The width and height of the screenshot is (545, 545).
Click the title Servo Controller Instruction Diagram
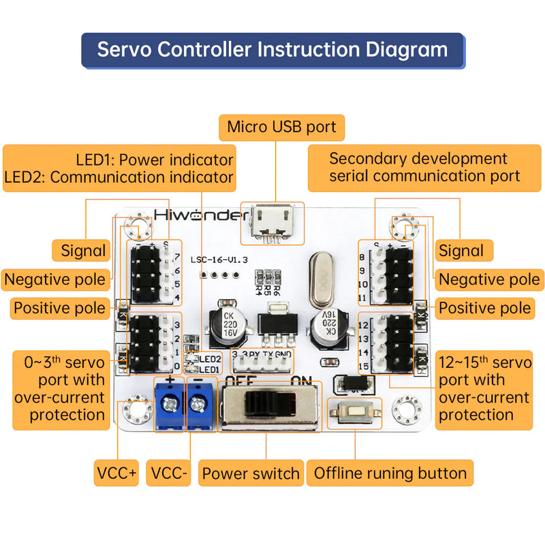tap(272, 50)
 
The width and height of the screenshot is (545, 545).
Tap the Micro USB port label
tap(281, 127)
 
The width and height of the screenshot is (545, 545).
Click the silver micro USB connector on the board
tap(272, 222)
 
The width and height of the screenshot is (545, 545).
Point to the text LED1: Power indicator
tap(154, 160)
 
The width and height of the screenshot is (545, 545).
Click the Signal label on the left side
tap(83, 250)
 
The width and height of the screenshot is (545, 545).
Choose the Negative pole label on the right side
tap(488, 279)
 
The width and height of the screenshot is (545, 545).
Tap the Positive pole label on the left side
tap(60, 307)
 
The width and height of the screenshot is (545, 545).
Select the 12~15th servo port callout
tap(484, 388)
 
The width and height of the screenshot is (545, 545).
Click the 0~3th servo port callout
tap(61, 388)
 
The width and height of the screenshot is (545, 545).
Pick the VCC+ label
tap(116, 473)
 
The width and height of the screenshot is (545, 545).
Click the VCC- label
tap(170, 473)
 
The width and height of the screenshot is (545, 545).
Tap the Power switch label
tap(251, 473)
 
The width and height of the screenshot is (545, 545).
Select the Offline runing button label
tap(390, 473)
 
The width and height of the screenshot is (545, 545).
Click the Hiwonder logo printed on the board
tap(201, 215)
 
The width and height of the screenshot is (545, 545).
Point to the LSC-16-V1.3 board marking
tap(219, 260)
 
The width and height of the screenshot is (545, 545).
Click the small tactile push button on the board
tap(355, 414)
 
